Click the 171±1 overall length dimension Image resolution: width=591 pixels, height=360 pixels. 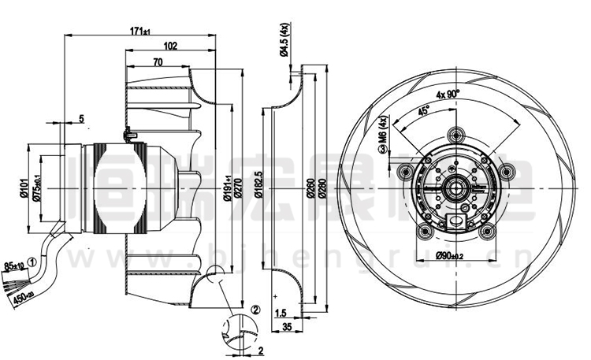[140, 32]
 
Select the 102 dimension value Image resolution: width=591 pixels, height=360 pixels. [169, 46]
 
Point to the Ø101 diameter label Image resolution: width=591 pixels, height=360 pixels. [24, 188]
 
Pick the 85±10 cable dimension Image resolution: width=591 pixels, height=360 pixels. [15, 265]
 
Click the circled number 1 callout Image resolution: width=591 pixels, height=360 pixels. [32, 261]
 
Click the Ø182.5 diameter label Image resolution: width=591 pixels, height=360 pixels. [258, 189]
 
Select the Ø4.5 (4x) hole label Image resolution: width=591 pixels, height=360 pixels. [281, 42]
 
